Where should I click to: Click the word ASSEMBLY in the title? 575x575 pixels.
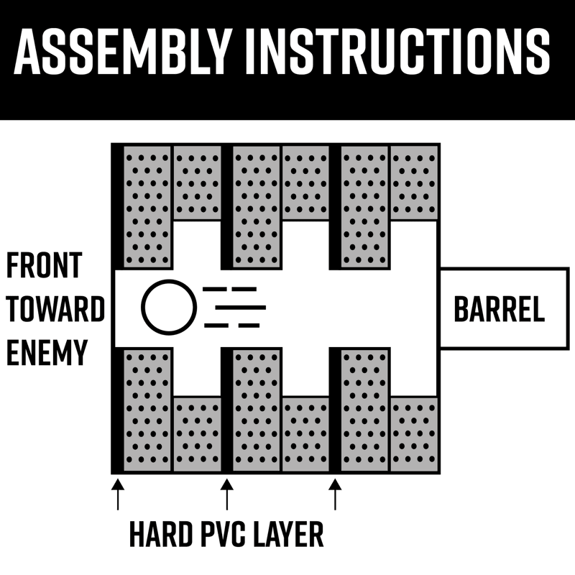tap(122, 51)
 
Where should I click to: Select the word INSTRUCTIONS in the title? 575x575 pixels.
tap(397, 51)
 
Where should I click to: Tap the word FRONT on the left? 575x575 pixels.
tap(44, 265)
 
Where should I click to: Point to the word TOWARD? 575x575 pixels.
tap(56, 309)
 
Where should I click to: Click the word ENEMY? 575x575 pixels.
tap(47, 352)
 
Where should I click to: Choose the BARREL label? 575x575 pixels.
tap(499, 309)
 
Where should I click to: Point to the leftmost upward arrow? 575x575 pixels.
tap(118, 494)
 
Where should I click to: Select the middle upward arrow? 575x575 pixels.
tap(227, 494)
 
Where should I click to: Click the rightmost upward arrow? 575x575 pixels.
tap(335, 494)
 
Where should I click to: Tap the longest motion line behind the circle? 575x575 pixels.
tap(241, 308)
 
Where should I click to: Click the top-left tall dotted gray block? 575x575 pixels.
tap(147, 206)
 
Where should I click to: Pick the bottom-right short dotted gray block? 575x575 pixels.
tap(414, 434)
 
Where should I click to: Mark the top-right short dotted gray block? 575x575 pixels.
tap(414, 183)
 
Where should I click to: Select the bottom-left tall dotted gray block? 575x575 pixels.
tap(147, 410)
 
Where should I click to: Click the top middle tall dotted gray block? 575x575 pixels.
tap(257, 206)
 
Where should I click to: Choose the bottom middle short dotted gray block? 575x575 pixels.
tap(306, 434)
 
